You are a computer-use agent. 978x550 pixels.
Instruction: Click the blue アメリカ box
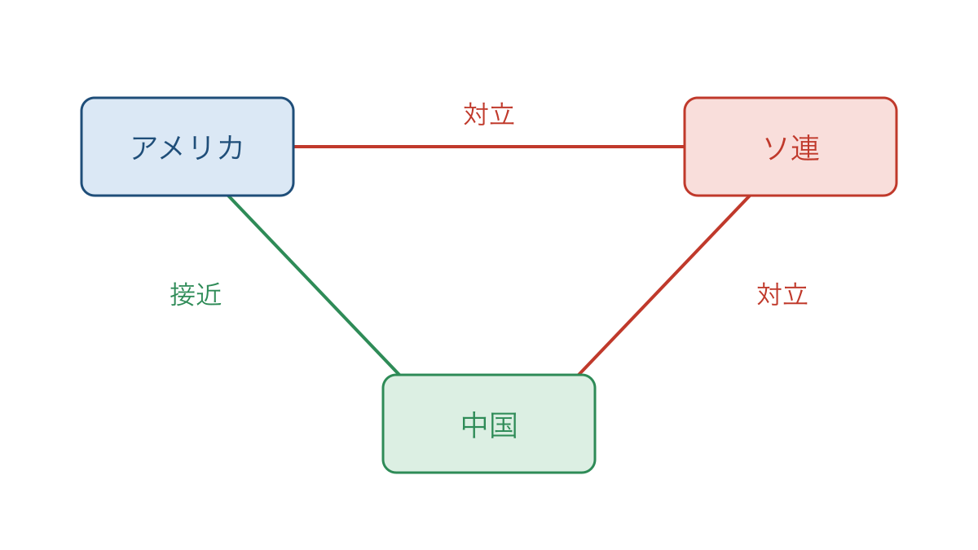(x=187, y=147)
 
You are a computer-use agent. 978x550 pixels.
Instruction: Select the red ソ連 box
(x=791, y=147)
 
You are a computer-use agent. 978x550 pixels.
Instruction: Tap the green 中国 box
(x=489, y=424)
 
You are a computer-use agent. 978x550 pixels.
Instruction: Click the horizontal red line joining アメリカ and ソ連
(x=489, y=147)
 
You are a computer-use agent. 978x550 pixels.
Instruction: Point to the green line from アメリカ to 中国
(x=314, y=285)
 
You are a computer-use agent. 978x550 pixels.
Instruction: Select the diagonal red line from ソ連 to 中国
(x=664, y=285)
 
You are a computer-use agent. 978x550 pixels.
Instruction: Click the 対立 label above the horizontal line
(x=489, y=114)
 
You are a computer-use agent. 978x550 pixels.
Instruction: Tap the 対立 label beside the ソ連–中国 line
(x=782, y=294)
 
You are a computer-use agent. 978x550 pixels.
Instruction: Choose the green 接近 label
(x=196, y=294)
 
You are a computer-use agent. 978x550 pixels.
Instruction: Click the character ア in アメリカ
(x=144, y=147)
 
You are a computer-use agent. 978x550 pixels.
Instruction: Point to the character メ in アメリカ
(x=172, y=147)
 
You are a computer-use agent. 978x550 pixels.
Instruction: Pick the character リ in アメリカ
(x=201, y=147)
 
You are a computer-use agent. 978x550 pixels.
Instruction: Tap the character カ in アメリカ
(x=230, y=147)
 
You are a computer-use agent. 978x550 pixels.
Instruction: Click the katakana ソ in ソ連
(x=776, y=147)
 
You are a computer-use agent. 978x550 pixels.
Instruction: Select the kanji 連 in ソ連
(x=805, y=147)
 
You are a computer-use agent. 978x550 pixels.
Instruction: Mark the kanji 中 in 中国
(x=474, y=425)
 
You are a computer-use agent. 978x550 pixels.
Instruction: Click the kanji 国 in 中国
(x=504, y=425)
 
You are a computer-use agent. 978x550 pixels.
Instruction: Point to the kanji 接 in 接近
(x=183, y=294)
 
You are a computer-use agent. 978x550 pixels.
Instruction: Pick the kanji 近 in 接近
(x=209, y=294)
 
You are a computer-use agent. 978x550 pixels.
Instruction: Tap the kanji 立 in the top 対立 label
(x=502, y=114)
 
